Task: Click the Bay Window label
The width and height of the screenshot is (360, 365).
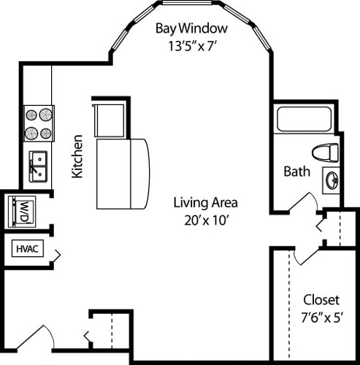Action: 191,29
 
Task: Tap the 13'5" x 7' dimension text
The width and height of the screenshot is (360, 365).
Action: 191,46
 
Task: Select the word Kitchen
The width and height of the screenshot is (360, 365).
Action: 76,155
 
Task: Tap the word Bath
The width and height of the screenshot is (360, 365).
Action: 296,172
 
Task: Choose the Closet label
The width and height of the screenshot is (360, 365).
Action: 321,299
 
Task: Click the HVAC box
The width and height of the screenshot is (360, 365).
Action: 28,249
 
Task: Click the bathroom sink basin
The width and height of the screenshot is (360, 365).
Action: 330,180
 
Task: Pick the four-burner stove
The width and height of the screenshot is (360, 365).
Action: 39,123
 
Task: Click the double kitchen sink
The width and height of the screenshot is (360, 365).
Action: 38,166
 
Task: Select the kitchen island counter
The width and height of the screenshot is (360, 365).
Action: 124,172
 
